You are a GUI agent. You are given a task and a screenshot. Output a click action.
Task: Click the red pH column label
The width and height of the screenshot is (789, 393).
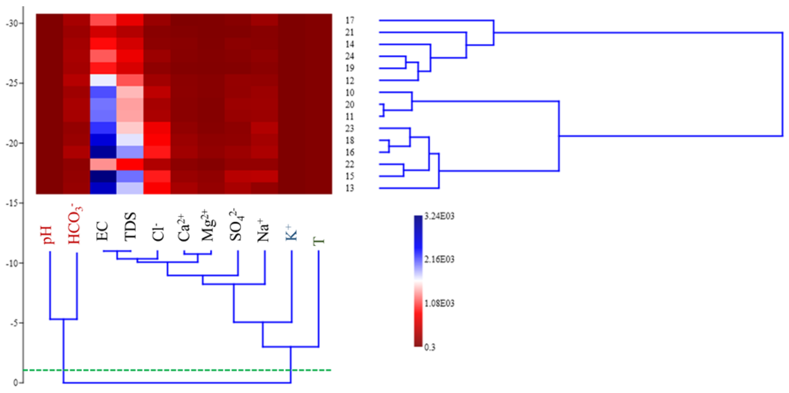point(49,235)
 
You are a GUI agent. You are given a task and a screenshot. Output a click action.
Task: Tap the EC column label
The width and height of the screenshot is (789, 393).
point(103,231)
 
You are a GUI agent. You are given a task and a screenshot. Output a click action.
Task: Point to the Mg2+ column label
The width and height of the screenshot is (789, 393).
point(208,226)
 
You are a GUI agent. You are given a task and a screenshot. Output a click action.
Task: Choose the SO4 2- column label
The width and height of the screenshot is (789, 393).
point(237,225)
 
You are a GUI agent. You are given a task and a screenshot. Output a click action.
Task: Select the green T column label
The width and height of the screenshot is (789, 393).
point(319,241)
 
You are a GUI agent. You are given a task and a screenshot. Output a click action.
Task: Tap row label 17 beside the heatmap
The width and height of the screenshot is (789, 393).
point(350,20)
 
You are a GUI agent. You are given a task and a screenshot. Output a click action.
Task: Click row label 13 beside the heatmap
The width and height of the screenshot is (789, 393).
point(350,188)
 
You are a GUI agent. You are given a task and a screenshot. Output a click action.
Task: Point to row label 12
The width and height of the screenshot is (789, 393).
point(350,81)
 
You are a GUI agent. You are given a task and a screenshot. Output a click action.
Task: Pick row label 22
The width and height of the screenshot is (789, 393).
point(350,164)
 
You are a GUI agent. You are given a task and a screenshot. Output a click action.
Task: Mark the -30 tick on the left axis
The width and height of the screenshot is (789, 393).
point(13,23)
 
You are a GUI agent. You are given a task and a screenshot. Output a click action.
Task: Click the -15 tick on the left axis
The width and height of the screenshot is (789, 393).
point(13,203)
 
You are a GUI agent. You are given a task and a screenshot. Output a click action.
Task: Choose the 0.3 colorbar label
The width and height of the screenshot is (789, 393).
point(430,347)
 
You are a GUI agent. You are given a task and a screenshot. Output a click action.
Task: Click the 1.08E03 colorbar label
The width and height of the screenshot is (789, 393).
point(439,303)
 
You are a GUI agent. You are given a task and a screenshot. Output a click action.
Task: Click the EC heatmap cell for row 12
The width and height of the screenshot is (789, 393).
point(103,81)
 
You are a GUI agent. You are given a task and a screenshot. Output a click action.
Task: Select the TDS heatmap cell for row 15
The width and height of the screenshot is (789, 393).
point(130,176)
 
